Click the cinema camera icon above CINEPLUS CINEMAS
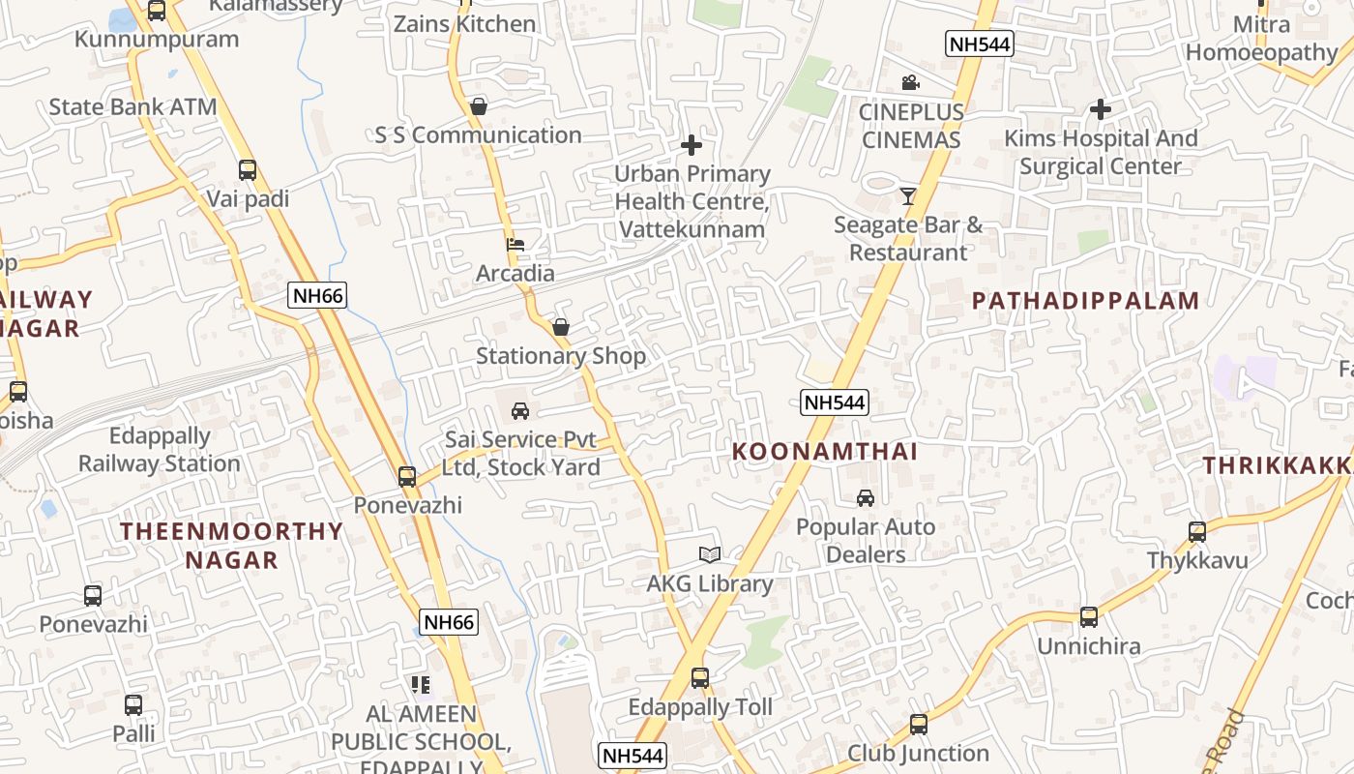(x=909, y=83)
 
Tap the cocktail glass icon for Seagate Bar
(x=907, y=196)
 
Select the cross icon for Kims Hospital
(x=1100, y=109)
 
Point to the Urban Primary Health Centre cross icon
(x=692, y=146)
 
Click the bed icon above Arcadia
(x=515, y=245)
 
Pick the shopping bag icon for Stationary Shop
(x=560, y=328)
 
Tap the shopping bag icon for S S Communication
(x=478, y=106)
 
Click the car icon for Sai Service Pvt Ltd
(x=520, y=411)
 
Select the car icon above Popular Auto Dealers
(x=866, y=498)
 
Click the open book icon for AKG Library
(x=710, y=554)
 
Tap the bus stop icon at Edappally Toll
(x=700, y=678)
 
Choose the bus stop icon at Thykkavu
(x=1197, y=531)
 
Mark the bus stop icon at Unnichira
(x=1089, y=616)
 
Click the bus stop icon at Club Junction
(x=919, y=724)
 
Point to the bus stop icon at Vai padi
(x=248, y=170)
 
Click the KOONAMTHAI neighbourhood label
(x=825, y=452)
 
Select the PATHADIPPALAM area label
(x=1085, y=301)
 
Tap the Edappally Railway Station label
(x=160, y=450)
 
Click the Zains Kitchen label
(x=464, y=24)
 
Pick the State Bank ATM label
(x=133, y=106)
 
